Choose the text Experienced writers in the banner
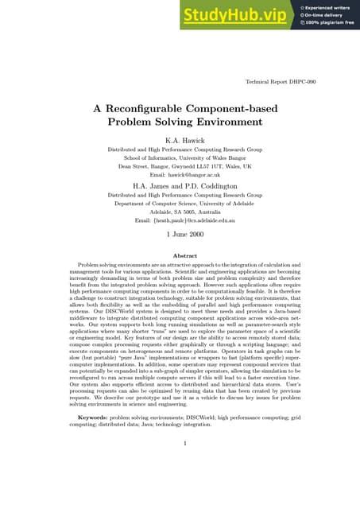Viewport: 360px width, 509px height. click(x=327, y=7)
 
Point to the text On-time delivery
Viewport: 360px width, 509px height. click(x=324, y=15)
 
